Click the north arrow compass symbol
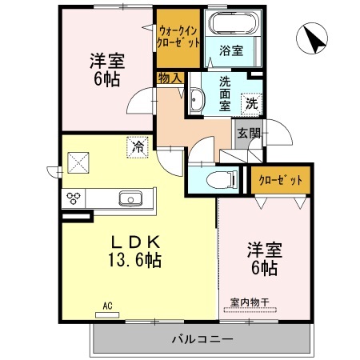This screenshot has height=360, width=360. [312, 38]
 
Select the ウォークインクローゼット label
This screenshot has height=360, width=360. [178, 36]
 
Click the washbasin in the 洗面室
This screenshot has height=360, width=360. [197, 101]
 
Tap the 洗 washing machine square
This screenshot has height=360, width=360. [250, 102]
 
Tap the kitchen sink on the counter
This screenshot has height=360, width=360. [128, 198]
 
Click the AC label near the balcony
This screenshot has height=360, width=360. [107, 305]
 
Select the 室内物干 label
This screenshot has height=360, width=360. [250, 302]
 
